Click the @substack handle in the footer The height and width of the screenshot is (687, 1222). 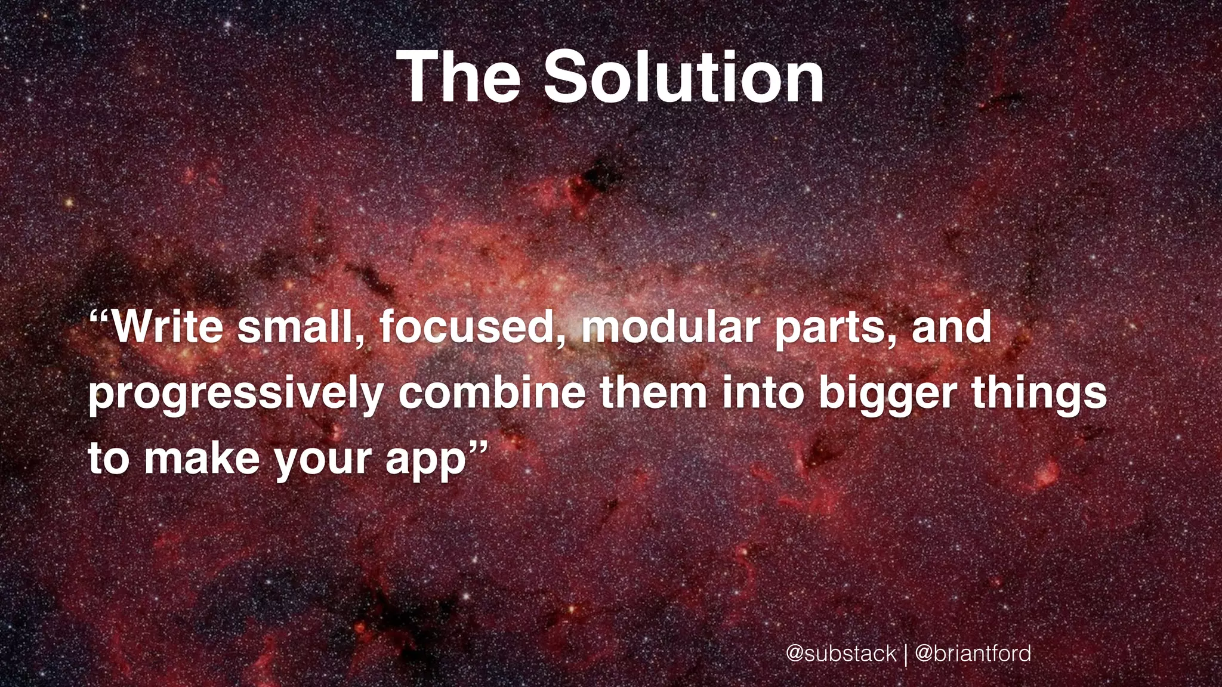[841, 653]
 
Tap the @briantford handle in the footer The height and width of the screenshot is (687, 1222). [973, 653]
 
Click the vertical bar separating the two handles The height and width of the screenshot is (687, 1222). [906, 654]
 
